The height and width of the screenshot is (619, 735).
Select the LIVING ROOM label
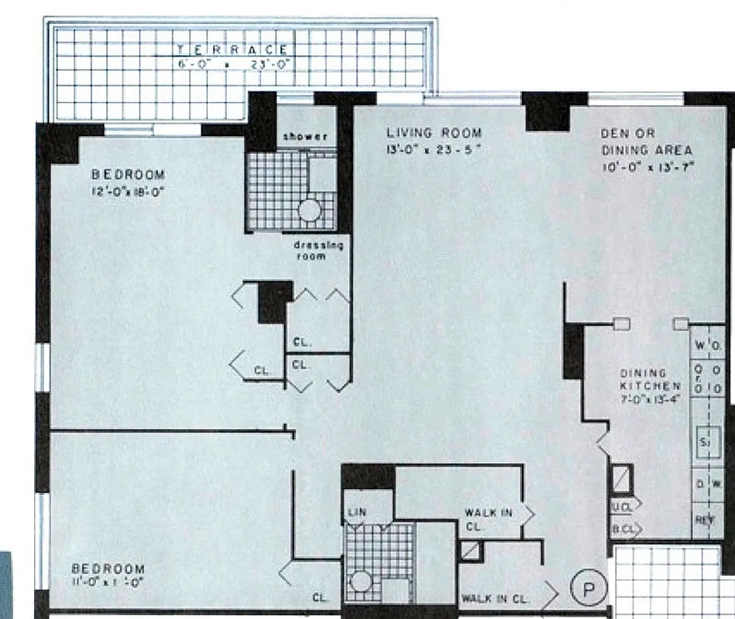click(x=434, y=133)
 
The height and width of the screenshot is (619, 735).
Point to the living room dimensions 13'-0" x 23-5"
click(x=434, y=149)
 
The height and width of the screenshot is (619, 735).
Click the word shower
click(x=305, y=136)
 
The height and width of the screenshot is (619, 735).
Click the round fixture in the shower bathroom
click(x=310, y=210)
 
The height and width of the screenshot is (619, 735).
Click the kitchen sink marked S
click(x=706, y=443)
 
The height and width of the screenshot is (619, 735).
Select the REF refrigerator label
click(x=704, y=521)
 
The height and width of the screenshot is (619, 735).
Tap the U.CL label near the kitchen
click(x=620, y=508)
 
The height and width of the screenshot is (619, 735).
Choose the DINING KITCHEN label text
click(x=650, y=379)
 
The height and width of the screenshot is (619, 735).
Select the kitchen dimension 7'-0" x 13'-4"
click(x=650, y=399)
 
